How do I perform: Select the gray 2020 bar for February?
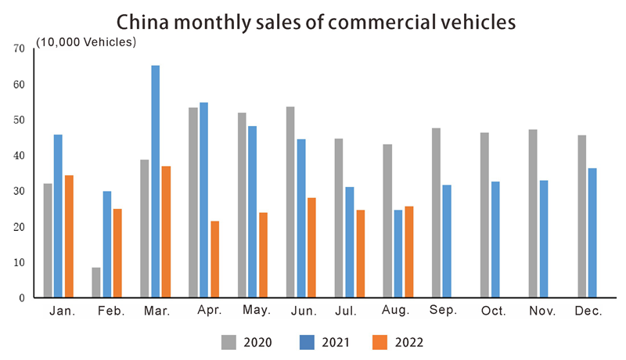point(96,283)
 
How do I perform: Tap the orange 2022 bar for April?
point(215,259)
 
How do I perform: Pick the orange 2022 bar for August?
point(409,252)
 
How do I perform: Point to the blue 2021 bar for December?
point(592,233)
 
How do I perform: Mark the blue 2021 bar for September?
point(446,241)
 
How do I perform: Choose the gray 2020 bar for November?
point(533,214)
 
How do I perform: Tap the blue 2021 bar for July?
point(349,243)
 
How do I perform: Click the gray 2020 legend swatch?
point(228,342)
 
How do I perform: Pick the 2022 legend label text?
point(409,343)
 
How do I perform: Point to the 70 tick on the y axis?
point(19,49)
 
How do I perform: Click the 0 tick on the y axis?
point(22,298)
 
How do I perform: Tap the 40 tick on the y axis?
point(19,156)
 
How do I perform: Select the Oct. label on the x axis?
point(494,312)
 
